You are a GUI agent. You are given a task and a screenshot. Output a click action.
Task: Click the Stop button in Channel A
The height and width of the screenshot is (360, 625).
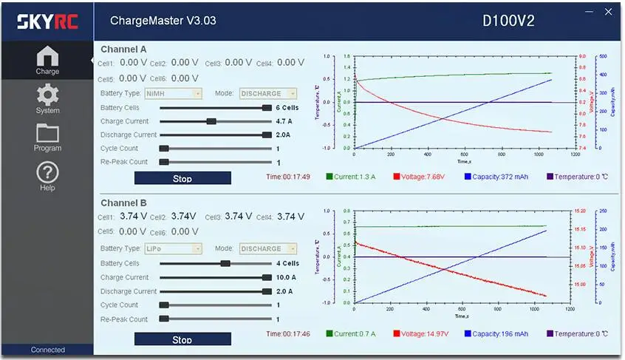[x=182, y=178]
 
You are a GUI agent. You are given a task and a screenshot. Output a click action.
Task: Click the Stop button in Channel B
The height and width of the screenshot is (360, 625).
[x=182, y=339]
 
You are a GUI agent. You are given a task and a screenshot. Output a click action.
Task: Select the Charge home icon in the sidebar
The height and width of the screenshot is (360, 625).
[x=47, y=60]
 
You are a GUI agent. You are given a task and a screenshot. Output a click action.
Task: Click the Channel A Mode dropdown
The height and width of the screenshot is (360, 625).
[x=268, y=94]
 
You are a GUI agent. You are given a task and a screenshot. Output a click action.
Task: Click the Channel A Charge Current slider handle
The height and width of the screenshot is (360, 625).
[x=211, y=121]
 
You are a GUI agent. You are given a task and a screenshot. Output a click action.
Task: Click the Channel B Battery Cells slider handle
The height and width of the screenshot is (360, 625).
[x=225, y=263]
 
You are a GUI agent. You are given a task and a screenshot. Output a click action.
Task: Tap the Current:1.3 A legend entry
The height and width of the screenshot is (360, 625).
[x=351, y=177]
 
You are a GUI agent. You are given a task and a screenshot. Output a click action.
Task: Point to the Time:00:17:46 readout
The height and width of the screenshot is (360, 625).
[x=288, y=334]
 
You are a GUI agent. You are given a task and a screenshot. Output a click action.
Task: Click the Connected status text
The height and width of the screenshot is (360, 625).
[x=48, y=350]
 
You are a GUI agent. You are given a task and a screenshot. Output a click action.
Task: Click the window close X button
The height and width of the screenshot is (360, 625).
[x=608, y=13]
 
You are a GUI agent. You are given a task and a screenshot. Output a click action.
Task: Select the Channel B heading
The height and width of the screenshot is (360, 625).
[x=123, y=203]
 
